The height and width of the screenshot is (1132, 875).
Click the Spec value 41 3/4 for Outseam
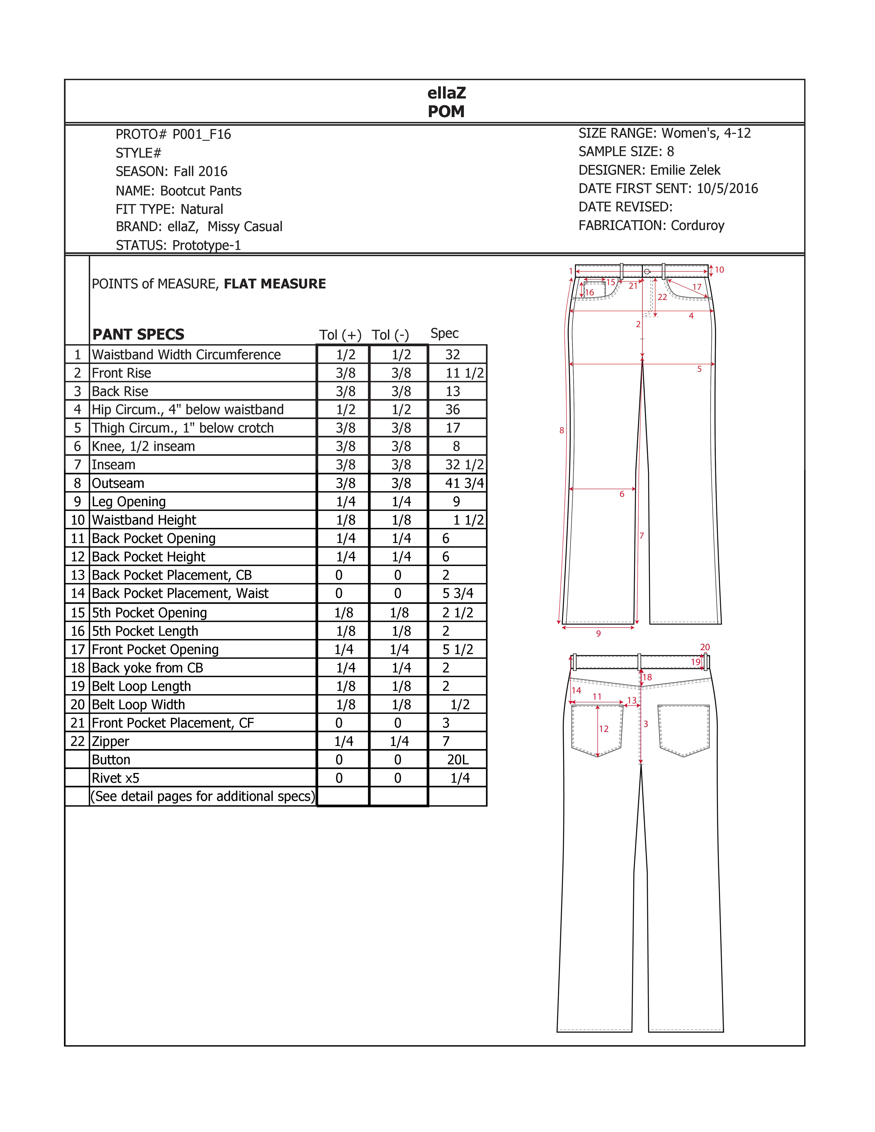coord(464,483)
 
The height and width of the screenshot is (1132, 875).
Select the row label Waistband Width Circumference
coord(186,354)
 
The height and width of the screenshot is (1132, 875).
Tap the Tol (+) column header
coord(340,335)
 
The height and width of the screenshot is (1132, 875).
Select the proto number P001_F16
coord(202,134)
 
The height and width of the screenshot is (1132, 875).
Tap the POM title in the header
coord(446,111)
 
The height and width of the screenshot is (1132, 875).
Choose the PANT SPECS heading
coord(138,334)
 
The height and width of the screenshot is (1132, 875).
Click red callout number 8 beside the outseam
coord(561,430)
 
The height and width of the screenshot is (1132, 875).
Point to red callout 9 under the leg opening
coord(598,633)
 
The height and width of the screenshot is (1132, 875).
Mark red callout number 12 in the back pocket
coord(603,729)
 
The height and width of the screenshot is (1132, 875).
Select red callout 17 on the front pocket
coord(697,287)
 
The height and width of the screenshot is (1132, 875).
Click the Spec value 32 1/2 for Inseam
coord(464,465)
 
